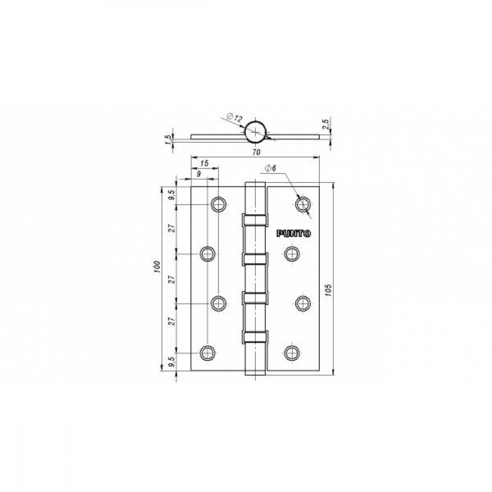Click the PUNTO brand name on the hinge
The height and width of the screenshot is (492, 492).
[294, 233]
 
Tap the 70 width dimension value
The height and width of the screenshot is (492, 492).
[256, 152]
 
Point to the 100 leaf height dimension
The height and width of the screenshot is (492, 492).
[157, 267]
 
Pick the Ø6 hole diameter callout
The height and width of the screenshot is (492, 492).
[271, 168]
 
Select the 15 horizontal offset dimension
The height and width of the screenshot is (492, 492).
[204, 163]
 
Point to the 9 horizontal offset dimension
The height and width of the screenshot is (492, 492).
[199, 174]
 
